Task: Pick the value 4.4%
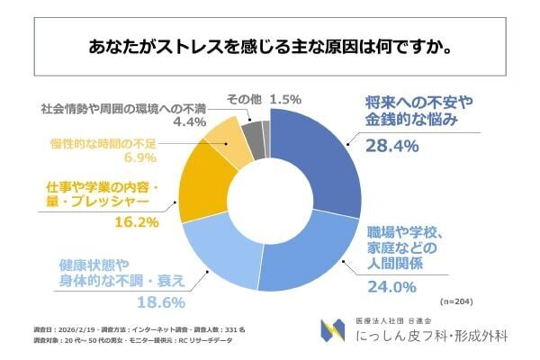[189, 121]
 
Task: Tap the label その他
[243, 98]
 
